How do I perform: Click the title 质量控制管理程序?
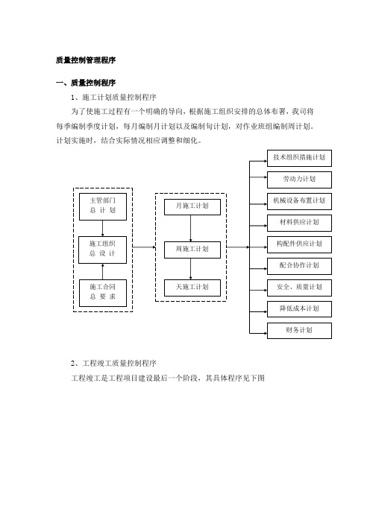tap(86, 60)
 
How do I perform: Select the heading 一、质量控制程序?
tap(86, 83)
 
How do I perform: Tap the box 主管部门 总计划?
tap(103, 207)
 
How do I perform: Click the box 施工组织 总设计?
tap(102, 250)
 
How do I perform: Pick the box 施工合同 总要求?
tap(103, 293)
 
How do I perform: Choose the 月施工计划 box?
tap(192, 207)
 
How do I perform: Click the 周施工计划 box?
tap(192, 250)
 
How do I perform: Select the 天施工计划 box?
tap(192, 288)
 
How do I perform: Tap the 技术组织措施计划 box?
tap(299, 158)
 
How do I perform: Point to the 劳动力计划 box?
tap(299, 180)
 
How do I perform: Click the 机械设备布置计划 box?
tap(299, 201)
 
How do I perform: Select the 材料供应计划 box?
tap(299, 223)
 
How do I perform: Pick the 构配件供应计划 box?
tap(299, 244)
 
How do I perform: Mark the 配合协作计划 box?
tap(299, 266)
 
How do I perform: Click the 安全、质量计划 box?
tap(299, 288)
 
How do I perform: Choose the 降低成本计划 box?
tap(299, 309)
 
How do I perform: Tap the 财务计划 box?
tap(299, 331)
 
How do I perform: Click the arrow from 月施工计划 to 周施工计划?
tap(191, 229)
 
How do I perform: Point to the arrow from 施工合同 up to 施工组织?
tap(102, 271)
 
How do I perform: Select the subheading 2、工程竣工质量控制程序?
tap(113, 364)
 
